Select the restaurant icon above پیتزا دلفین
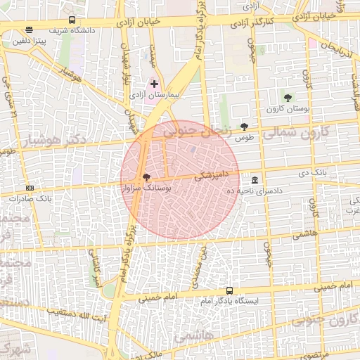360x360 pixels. click(28, 31)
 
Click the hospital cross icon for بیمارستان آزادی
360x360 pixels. click(154, 84)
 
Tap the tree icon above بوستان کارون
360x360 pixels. click(288, 97)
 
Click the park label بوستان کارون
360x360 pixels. click(283, 109)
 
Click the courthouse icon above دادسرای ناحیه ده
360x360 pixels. click(254, 179)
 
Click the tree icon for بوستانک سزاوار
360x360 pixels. click(146, 178)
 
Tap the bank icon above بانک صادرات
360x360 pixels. click(30, 188)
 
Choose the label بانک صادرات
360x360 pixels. click(27, 199)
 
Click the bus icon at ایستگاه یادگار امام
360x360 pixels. click(229, 290)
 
